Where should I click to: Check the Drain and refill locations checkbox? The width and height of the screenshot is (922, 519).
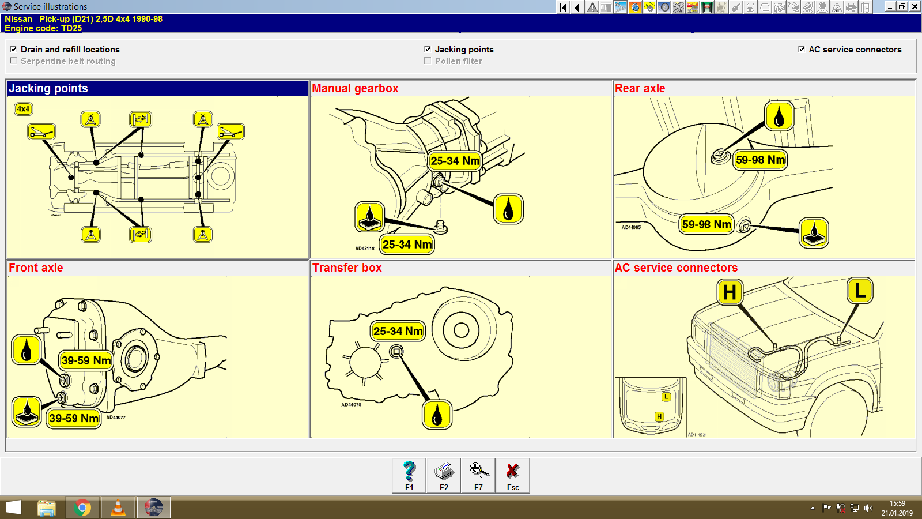pos(13,49)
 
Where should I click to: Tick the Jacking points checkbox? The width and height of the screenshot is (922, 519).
pos(428,49)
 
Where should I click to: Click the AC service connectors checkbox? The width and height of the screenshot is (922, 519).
pos(802,49)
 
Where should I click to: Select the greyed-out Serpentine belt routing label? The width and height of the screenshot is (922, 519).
pos(68,61)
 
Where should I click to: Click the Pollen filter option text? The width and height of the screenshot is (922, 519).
pos(458,61)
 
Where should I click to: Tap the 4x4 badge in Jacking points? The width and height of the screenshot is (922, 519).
pos(23,109)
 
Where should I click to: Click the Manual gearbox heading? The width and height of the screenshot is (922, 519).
pos(355,89)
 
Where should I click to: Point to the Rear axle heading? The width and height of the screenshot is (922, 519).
pos(640,89)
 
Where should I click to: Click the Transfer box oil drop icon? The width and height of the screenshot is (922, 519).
pos(437,415)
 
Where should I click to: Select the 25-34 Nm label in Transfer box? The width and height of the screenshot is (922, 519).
pos(398,331)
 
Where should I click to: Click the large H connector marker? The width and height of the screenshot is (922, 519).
pos(730,292)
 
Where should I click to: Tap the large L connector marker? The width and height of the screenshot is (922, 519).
pos(860,290)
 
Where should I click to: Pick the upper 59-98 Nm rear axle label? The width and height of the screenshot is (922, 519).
pos(760,160)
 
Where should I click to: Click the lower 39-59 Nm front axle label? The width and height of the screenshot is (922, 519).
pos(74,418)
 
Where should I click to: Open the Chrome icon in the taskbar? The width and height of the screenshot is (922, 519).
pos(82,507)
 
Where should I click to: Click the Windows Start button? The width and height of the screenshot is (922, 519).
pos(13,507)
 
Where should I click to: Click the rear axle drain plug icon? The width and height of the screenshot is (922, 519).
pos(814,233)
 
